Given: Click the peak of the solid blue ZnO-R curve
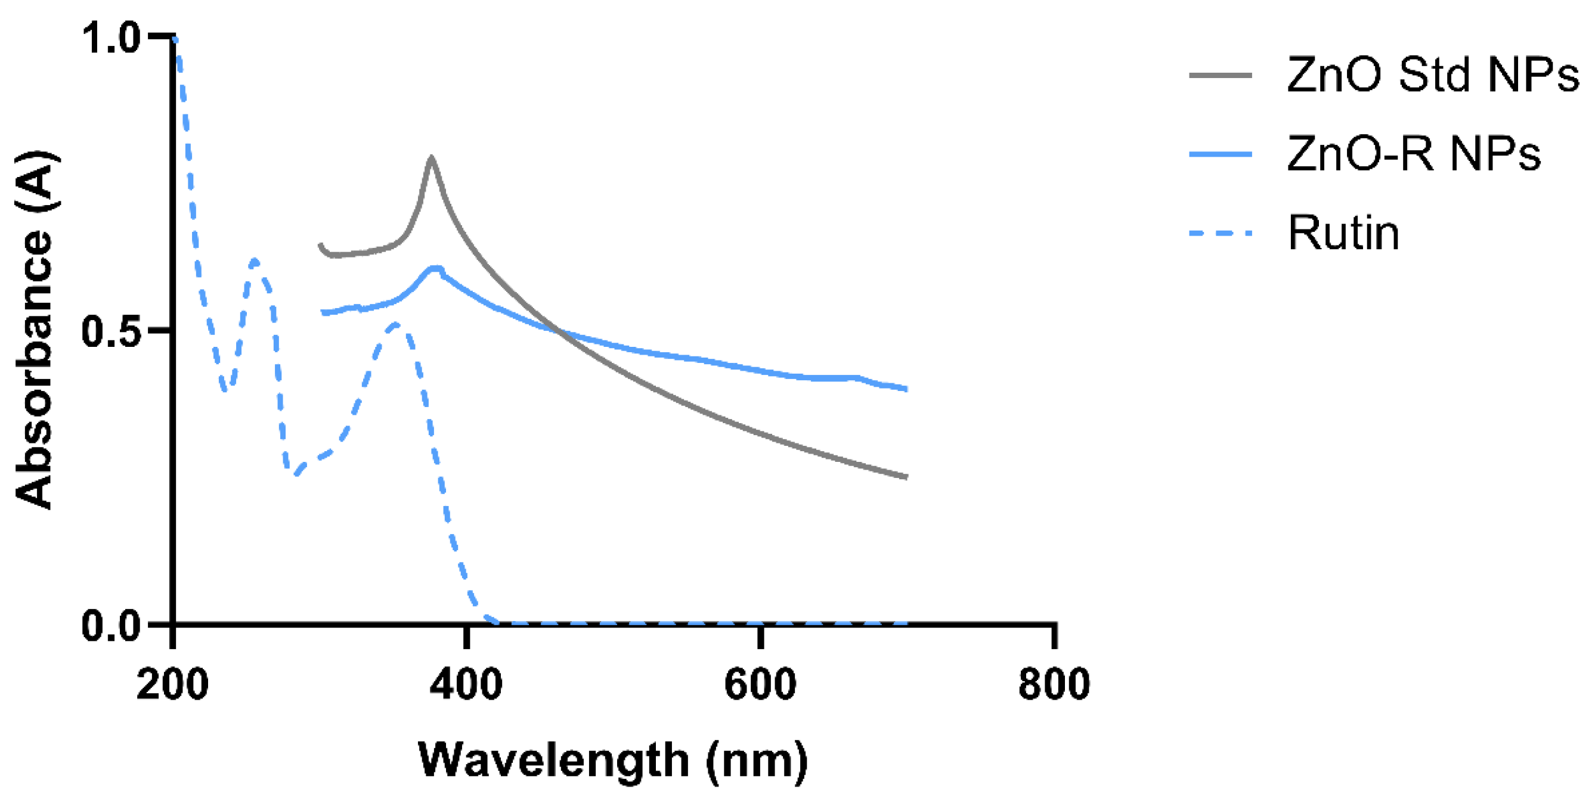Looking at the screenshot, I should click(436, 268).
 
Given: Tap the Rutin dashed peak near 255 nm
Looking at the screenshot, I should click(255, 260).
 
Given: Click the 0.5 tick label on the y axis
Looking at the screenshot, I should click(112, 332).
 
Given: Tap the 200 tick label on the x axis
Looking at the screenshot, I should click(172, 685).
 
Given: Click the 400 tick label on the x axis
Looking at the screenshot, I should click(466, 685).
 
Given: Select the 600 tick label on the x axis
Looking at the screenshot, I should click(760, 685).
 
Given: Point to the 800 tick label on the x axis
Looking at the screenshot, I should click(1054, 685).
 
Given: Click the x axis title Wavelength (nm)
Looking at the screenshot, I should click(613, 759).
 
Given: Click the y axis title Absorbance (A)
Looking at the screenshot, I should click(34, 331).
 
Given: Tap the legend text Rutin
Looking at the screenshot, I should click(1343, 234).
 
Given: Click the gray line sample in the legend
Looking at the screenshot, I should click(1221, 76).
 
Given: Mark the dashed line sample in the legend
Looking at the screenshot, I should click(1221, 234).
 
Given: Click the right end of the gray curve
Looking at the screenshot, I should click(905, 477).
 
